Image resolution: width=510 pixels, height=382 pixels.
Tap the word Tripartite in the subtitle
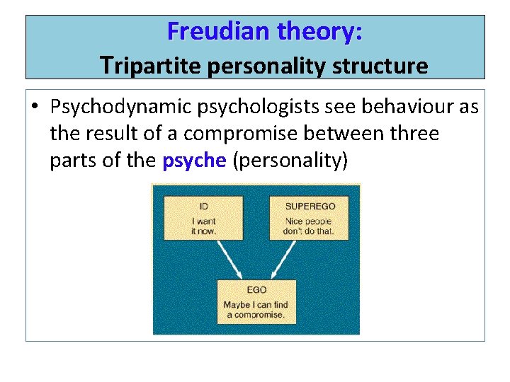[x=150, y=66]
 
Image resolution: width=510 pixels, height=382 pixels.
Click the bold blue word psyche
[x=193, y=161]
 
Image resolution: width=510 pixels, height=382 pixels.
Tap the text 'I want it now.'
[x=204, y=226]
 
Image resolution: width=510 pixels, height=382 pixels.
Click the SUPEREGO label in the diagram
[x=310, y=206]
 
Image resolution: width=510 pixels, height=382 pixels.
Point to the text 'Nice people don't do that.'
[x=310, y=226]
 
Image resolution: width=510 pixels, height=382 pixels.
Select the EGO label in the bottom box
[x=256, y=289]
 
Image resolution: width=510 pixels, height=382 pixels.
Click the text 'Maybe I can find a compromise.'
[x=256, y=310]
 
